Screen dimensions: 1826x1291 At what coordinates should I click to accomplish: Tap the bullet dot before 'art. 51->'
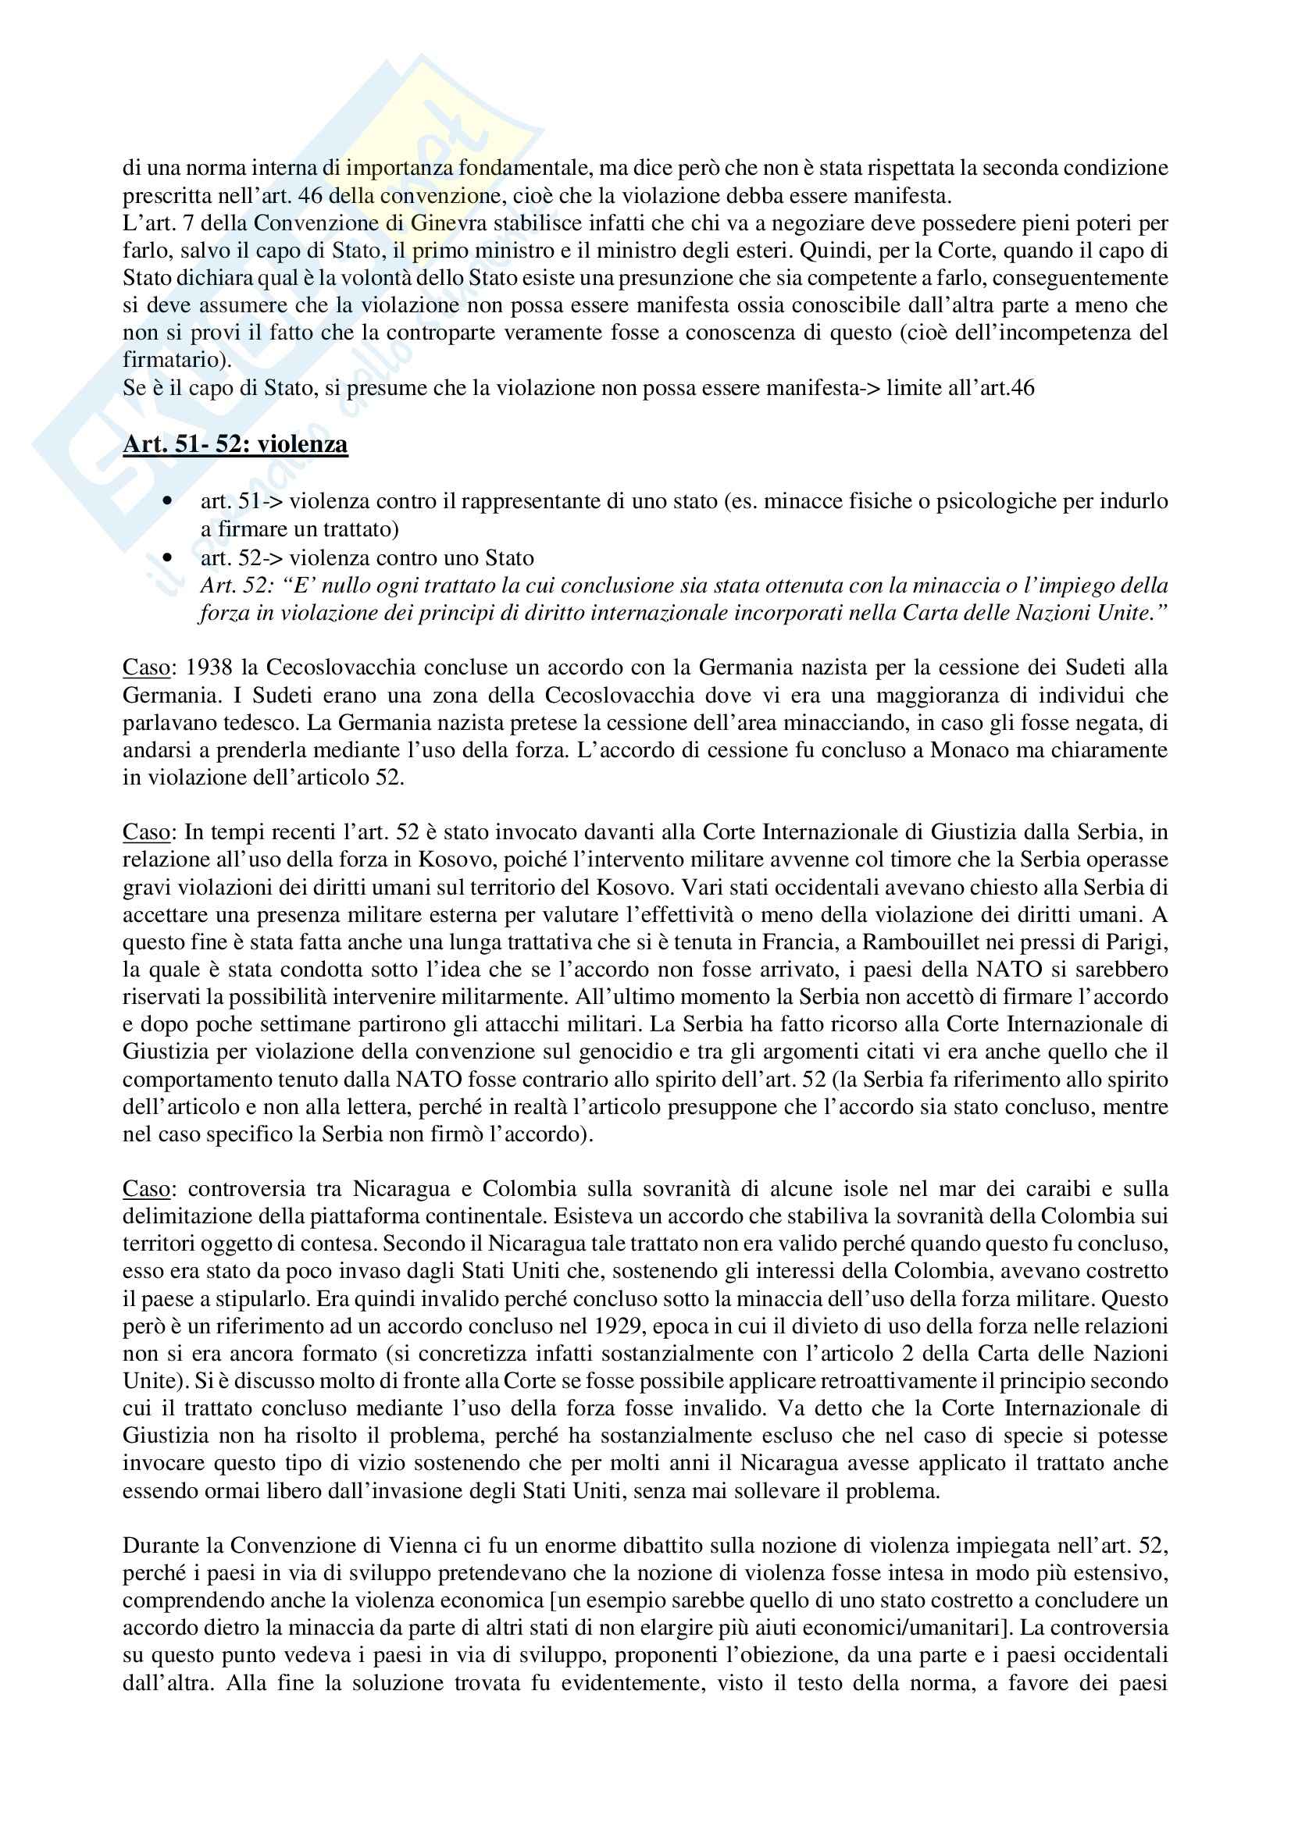point(167,502)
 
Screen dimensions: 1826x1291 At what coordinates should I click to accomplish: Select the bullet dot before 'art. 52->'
point(167,557)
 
